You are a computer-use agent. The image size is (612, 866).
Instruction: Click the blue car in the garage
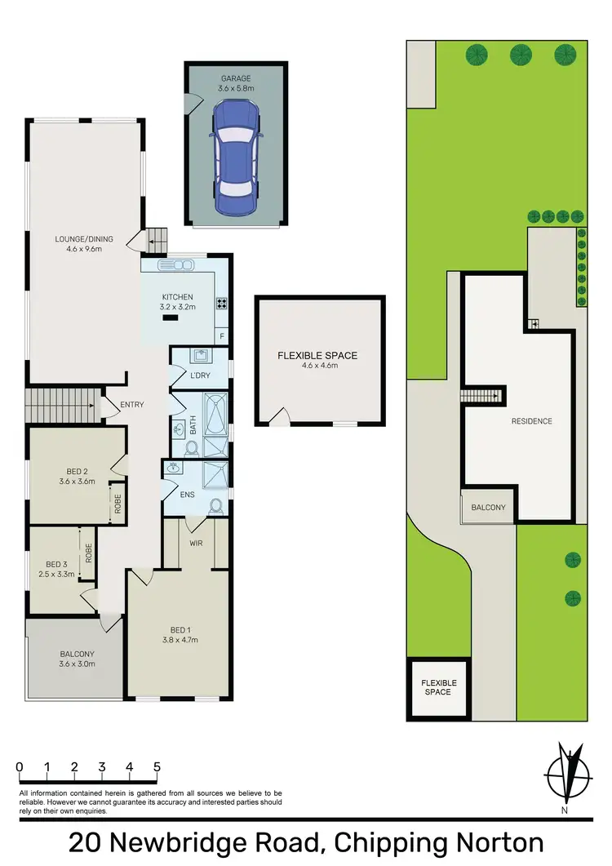pyautogui.click(x=236, y=158)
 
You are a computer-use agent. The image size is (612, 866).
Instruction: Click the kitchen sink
pyautogui.click(x=175, y=264)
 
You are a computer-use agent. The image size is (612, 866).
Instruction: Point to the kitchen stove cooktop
pyautogui.click(x=221, y=304)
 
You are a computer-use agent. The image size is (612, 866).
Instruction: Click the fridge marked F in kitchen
pyautogui.click(x=221, y=335)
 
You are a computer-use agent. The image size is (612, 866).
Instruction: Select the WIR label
pyautogui.click(x=196, y=542)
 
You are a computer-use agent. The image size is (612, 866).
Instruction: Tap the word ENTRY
pyautogui.click(x=131, y=405)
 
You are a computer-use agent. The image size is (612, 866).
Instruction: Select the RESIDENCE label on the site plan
pyautogui.click(x=532, y=421)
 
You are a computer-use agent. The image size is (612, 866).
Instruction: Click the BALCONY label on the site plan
pyautogui.click(x=488, y=508)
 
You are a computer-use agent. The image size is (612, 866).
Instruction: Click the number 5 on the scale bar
pyautogui.click(x=157, y=767)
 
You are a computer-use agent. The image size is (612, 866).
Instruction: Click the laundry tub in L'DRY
pyautogui.click(x=198, y=356)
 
